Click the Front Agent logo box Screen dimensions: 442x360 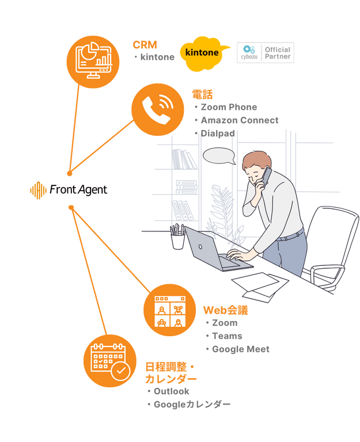(x=69, y=190)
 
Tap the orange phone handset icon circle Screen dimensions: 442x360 (x=157, y=109)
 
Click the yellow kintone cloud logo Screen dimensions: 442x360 (x=203, y=53)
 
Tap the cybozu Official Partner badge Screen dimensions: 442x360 (x=265, y=53)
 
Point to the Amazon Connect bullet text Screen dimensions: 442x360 (x=239, y=120)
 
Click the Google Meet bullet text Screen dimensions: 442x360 (x=240, y=349)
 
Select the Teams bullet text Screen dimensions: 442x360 (x=227, y=336)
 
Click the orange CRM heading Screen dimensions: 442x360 (x=145, y=44)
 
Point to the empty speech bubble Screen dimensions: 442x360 (x=219, y=156)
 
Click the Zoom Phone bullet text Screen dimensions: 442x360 (x=229, y=107)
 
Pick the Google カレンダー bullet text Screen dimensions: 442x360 (x=192, y=405)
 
